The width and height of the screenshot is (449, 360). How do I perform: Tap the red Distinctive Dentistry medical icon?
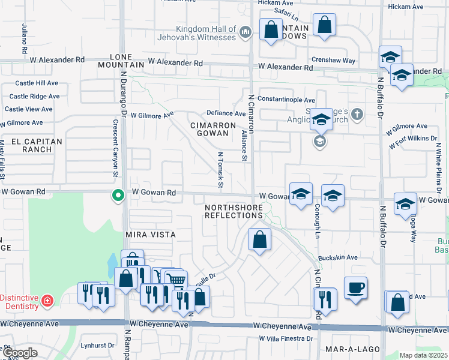47,299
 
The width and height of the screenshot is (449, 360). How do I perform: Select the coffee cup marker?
355,287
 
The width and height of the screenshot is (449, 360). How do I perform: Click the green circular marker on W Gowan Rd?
118,194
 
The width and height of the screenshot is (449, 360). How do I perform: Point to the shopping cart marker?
175,279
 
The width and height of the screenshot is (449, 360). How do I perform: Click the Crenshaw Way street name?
333,61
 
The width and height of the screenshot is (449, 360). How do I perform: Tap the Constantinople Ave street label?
286,100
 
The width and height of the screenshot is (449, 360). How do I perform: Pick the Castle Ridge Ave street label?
34,96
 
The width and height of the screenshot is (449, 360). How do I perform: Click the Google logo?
20,353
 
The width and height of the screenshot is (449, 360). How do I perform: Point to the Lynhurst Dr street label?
98,345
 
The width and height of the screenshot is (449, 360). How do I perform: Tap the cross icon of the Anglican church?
357,114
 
